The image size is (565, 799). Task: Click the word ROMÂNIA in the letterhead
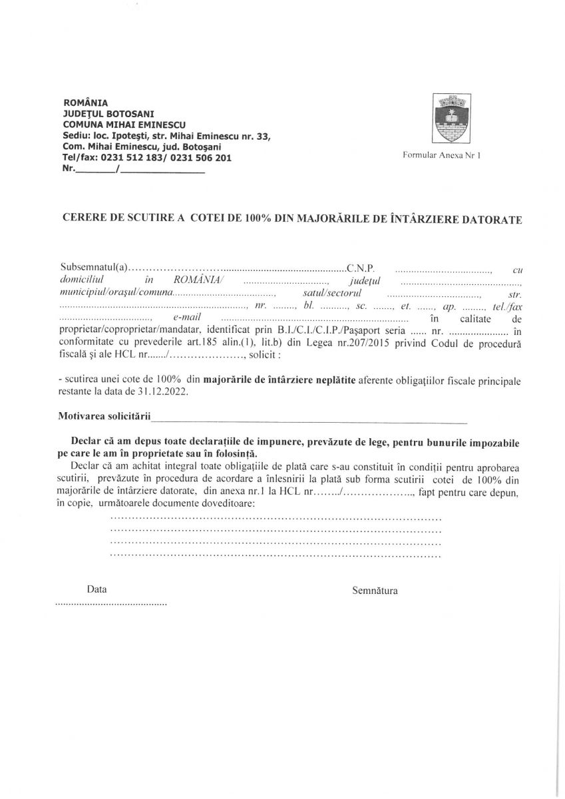click(85, 103)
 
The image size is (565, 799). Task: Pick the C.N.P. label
click(361, 268)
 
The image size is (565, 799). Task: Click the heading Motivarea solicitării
click(104, 417)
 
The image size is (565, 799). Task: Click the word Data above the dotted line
click(96, 589)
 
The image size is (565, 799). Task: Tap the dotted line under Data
click(110, 604)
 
